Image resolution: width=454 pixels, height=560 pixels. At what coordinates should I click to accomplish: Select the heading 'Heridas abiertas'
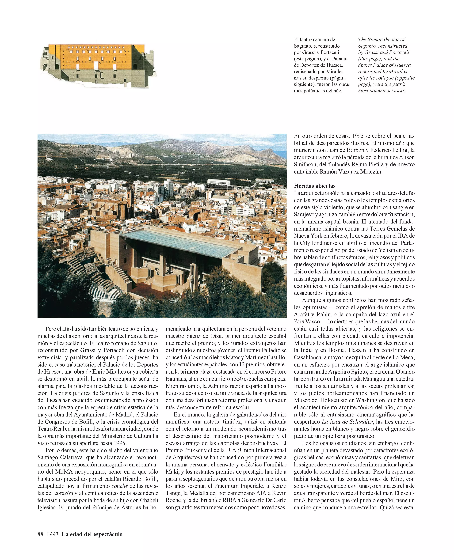coord(315,186)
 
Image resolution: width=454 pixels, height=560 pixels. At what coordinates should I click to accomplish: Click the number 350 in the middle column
coord(239,379)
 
